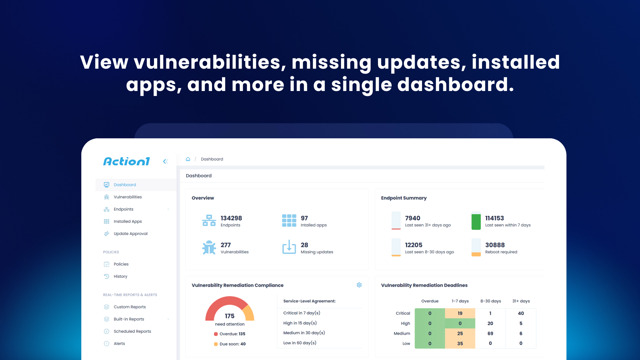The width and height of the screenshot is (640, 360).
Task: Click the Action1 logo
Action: click(126, 161)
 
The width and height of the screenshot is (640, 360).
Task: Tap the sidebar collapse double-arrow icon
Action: click(165, 161)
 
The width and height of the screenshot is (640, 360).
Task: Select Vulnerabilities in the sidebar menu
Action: click(128, 197)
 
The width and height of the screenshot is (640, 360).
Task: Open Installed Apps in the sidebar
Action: click(128, 221)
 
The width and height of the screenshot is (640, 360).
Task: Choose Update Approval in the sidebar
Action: click(130, 234)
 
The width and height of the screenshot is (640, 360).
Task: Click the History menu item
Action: click(120, 276)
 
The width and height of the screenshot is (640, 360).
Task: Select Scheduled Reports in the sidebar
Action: click(132, 331)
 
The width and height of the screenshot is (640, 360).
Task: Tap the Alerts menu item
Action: click(119, 344)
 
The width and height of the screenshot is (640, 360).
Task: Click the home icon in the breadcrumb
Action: click(188, 159)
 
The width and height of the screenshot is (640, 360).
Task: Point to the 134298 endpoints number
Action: click(231, 218)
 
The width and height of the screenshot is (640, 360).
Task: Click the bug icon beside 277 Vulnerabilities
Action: click(209, 247)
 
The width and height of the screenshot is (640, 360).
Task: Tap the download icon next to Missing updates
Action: click(289, 247)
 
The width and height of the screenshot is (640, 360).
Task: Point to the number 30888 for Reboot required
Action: click(495, 245)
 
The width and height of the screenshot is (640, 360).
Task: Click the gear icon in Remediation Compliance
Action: click(359, 285)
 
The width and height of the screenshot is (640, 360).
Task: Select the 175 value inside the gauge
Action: click(230, 316)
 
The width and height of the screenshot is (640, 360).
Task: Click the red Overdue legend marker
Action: click(216, 334)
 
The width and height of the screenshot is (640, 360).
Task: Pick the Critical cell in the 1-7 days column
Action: click(460, 313)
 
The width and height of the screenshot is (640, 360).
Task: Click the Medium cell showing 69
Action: click(490, 333)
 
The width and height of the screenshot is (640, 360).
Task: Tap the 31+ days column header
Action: click(521, 301)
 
